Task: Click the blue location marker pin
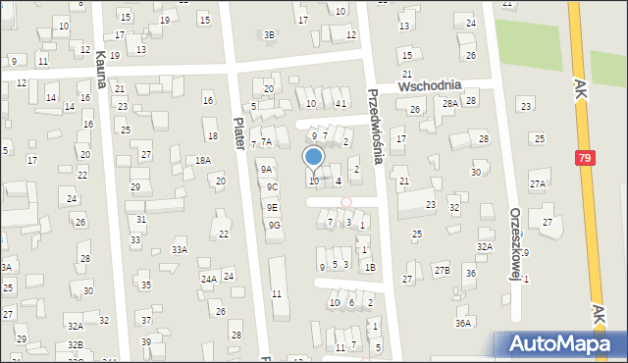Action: point(314,157)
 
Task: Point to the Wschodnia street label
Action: point(430,86)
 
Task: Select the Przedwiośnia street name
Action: point(373,123)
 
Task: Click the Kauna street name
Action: point(100,71)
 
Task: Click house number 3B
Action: point(269,35)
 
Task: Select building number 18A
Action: point(202,160)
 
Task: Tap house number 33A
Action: point(180,250)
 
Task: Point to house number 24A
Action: point(208,279)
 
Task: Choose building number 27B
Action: point(442,270)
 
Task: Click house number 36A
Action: point(463,322)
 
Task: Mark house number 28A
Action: point(450,103)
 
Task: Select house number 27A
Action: point(538,183)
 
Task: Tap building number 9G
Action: point(275,225)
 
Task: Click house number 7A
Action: point(265,141)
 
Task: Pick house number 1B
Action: point(369,267)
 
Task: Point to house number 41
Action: point(340,103)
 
